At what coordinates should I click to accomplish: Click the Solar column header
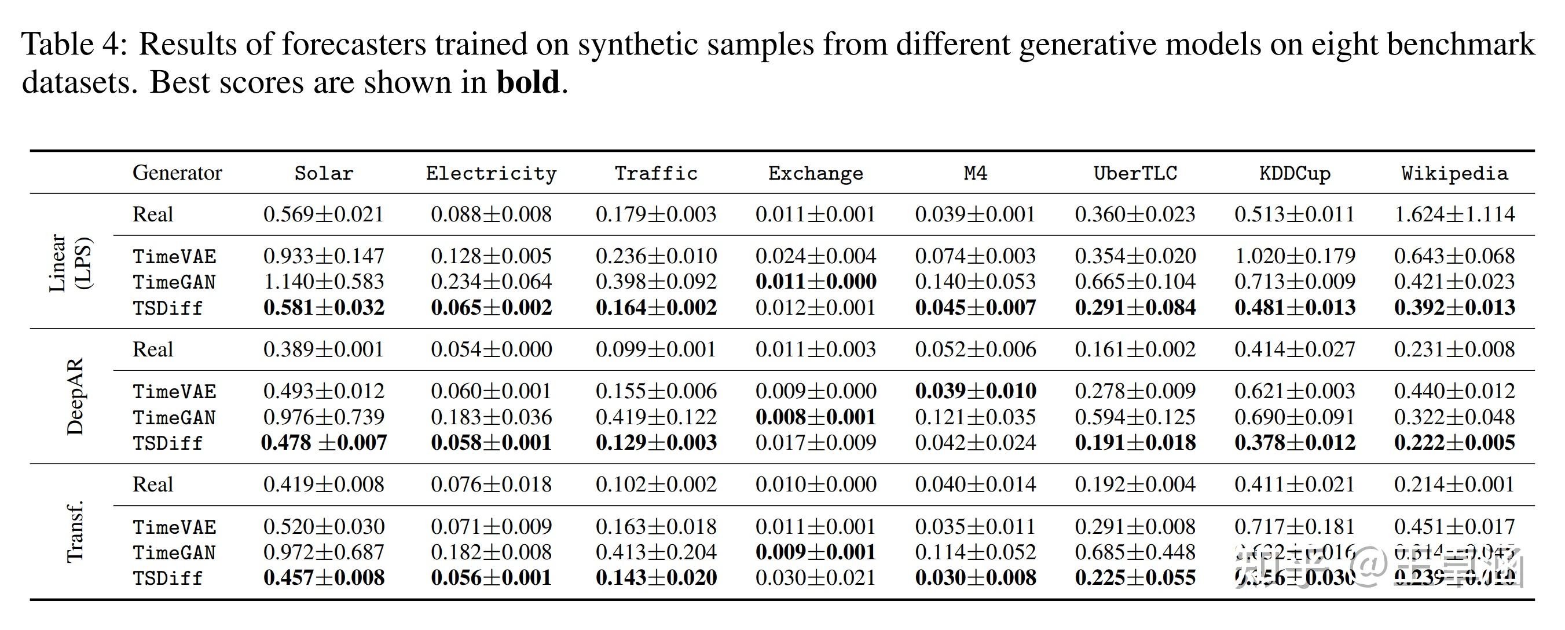click(x=323, y=173)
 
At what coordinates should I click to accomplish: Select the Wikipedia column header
click(x=1454, y=173)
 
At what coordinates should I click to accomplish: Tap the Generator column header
click(x=177, y=173)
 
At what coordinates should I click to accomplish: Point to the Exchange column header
click(x=815, y=173)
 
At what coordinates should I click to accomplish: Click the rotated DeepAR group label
click(x=75, y=396)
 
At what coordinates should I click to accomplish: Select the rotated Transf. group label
click(x=74, y=531)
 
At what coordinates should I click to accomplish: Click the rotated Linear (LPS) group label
click(x=69, y=262)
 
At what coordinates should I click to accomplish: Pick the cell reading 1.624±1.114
click(x=1454, y=214)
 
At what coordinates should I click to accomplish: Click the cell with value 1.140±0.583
click(x=323, y=282)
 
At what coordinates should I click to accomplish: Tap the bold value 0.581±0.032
click(x=323, y=308)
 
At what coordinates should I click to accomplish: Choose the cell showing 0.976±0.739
click(x=323, y=417)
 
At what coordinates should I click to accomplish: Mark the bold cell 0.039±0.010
click(x=975, y=391)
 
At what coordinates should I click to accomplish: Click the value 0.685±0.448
click(x=1135, y=552)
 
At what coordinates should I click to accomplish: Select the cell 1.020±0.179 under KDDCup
click(x=1295, y=256)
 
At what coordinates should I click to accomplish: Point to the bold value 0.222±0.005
click(x=1454, y=443)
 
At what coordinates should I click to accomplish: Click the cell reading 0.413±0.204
click(x=656, y=552)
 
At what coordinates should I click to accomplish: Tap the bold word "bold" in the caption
click(x=527, y=82)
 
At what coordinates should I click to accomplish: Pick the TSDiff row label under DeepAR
click(x=167, y=443)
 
